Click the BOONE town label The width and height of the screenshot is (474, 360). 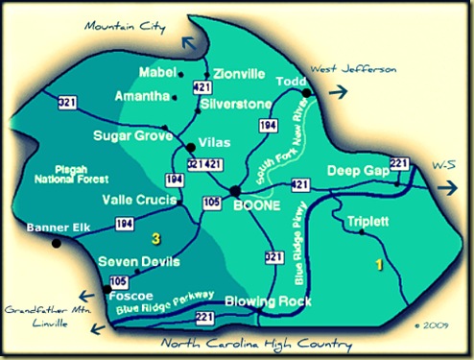pos(257,205)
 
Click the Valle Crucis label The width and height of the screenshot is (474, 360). pos(137,200)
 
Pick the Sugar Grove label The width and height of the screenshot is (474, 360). pos(128,138)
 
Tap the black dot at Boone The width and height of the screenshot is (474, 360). pos(236,192)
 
